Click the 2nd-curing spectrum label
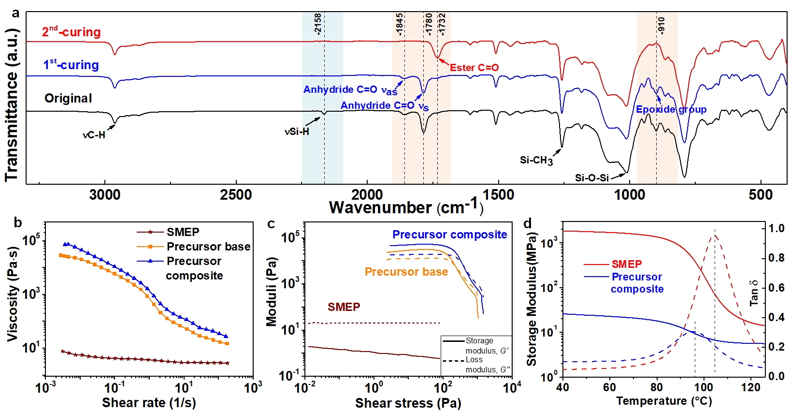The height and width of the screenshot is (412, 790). point(72,32)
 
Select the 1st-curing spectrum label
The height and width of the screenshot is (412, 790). point(71,65)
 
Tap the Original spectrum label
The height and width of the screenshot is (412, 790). point(68,98)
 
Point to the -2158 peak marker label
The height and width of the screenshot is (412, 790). point(318,24)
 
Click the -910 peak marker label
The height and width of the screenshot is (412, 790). point(661,25)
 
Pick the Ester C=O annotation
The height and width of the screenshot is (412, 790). point(474,68)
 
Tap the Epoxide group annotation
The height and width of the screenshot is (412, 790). point(671,109)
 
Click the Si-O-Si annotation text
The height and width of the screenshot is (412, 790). point(591,178)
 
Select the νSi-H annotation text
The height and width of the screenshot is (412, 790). point(297,132)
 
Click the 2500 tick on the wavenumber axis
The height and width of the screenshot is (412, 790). point(236,195)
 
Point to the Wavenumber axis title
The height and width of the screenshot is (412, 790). point(406,207)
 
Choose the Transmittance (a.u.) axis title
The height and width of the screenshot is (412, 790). point(12,105)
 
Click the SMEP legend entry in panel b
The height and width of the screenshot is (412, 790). point(183,232)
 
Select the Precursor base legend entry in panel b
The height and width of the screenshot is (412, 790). point(208,247)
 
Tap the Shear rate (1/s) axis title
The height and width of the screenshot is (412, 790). point(149,402)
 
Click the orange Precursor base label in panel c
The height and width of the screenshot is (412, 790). point(406,272)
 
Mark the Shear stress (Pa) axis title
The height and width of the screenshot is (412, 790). point(408,403)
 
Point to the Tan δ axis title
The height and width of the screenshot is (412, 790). point(754,293)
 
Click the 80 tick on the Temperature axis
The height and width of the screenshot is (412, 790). point(656,387)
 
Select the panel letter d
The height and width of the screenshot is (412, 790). point(528,223)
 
